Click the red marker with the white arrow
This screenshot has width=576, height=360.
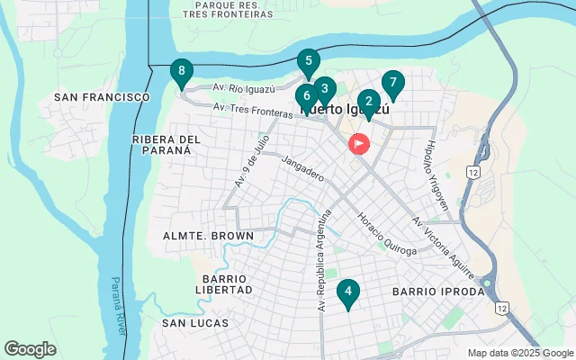point(359,143)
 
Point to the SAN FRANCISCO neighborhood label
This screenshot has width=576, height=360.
point(102,96)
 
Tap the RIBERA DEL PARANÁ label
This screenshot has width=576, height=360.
point(166,145)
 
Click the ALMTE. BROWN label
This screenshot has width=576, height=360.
point(208,236)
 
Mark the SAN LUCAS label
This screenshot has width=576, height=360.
point(195,322)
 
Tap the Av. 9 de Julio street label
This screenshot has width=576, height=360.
point(253,159)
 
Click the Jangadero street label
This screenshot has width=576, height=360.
point(302,169)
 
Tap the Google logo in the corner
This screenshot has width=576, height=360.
point(30,349)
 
